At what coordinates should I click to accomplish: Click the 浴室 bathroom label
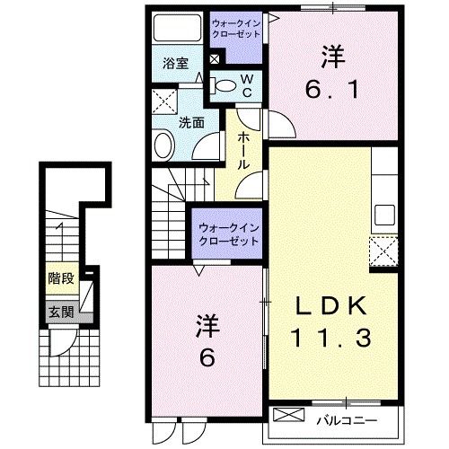[x=175, y=64]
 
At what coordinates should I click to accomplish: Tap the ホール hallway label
[x=244, y=149]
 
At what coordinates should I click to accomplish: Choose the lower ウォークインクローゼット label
[x=227, y=234]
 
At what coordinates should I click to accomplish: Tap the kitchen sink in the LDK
[x=384, y=216]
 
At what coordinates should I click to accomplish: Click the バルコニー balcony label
[x=347, y=418]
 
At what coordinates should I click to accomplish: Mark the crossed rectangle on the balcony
[x=290, y=416]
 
